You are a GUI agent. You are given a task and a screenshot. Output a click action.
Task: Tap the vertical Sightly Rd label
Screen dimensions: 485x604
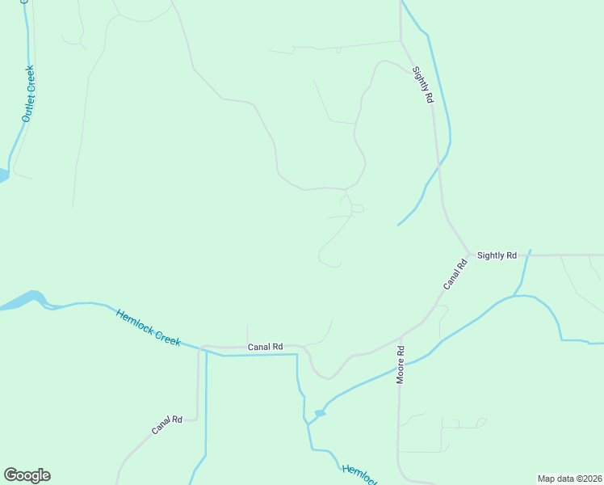pyautogui.click(x=423, y=85)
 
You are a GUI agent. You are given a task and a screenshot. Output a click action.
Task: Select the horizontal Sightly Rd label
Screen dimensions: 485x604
pyautogui.click(x=497, y=255)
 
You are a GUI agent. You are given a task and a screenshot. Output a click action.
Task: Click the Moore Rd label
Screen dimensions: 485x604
pyautogui.click(x=400, y=365)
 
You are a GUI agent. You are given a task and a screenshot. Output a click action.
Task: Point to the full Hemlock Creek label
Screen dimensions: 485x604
pyautogui.click(x=148, y=327)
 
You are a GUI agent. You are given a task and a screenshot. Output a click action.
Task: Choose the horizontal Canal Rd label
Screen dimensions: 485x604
pyautogui.click(x=265, y=347)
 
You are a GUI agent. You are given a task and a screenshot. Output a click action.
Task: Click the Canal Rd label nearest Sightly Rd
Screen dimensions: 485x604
pyautogui.click(x=455, y=275)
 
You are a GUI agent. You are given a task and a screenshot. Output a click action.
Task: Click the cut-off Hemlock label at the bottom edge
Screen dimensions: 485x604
pyautogui.click(x=359, y=475)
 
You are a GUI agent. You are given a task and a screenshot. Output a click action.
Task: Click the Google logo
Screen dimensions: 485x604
pyautogui.click(x=27, y=475)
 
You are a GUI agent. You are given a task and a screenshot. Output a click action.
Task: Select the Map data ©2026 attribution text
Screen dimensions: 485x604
pyautogui.click(x=569, y=478)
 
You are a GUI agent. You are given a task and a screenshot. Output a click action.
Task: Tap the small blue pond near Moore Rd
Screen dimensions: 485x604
pyautogui.click(x=320, y=413)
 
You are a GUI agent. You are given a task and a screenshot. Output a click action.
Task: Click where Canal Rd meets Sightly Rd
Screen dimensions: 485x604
pyautogui.click(x=469, y=255)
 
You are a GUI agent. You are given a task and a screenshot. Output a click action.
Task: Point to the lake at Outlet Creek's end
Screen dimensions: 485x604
pyautogui.click(x=3, y=175)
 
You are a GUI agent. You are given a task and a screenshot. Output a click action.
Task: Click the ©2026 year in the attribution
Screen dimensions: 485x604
pyautogui.click(x=585, y=478)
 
